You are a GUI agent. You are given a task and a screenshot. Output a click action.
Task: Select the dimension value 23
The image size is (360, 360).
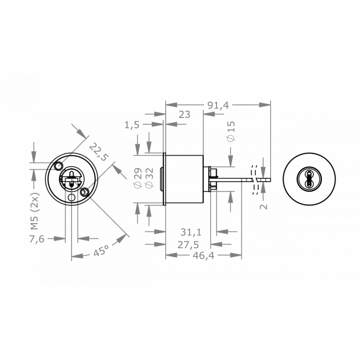pos(185,115)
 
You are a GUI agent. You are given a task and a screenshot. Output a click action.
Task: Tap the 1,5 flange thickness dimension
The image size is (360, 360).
pos(132,125)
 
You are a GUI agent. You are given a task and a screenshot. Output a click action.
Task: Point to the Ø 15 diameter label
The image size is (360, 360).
pos(232,132)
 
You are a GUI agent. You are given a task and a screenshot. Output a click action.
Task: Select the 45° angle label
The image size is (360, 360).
pos(100,251)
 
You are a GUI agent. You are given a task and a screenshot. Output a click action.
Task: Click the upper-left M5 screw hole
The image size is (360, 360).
pos(58,166)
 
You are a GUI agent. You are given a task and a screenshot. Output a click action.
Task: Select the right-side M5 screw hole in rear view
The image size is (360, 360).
pos(85,192)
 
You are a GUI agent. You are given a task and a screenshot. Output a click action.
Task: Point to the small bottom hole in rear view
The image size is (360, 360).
pos(71,197)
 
